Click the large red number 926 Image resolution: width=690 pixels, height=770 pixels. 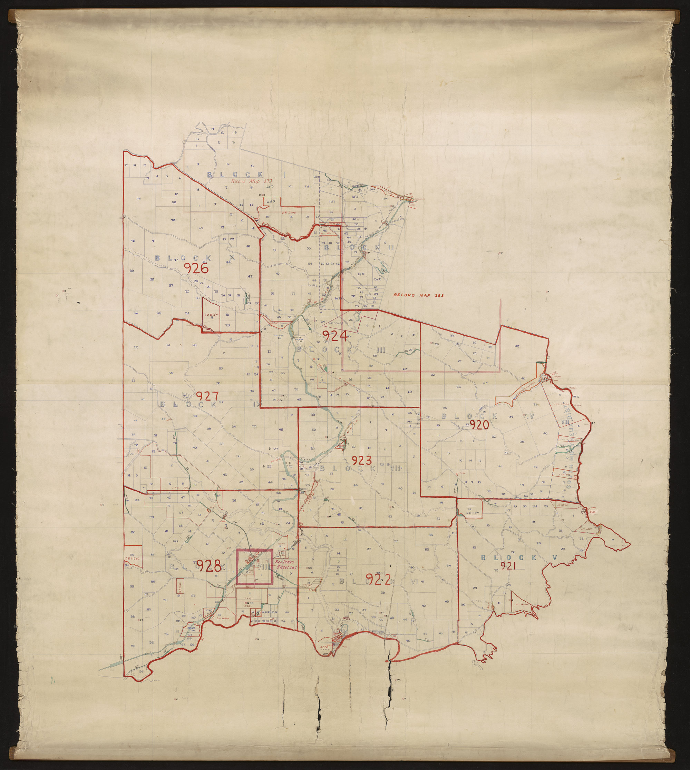pyautogui.click(x=196, y=268)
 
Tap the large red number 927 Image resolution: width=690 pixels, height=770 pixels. pyautogui.click(x=207, y=396)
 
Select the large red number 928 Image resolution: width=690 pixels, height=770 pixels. pyautogui.click(x=208, y=566)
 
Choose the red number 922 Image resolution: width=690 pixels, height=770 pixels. pyautogui.click(x=378, y=579)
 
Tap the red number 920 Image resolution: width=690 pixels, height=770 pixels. pyautogui.click(x=479, y=425)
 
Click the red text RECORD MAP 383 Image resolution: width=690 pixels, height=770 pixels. pyautogui.click(x=419, y=295)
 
